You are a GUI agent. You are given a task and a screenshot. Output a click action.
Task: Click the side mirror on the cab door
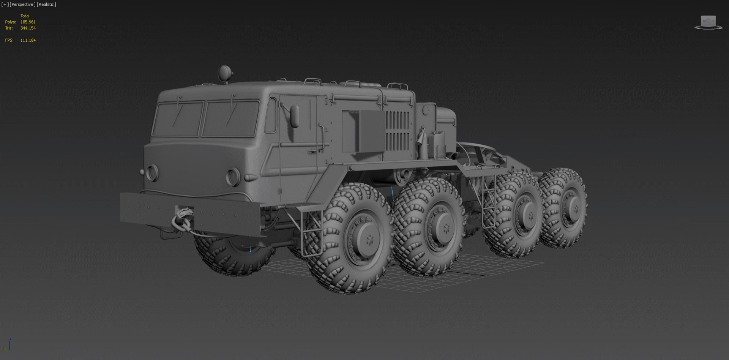[294, 116]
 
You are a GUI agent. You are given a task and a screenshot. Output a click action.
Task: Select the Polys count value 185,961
[28, 22]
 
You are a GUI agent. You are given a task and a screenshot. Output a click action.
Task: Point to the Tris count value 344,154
[28, 28]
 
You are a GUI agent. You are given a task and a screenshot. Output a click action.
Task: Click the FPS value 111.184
[28, 40]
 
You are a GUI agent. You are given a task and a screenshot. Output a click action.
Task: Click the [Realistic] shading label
[46, 5]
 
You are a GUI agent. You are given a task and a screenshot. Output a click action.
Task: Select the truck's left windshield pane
[178, 119]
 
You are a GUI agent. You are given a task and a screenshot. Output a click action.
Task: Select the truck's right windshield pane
[230, 119]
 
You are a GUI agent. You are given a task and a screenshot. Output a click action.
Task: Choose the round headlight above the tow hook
[152, 172]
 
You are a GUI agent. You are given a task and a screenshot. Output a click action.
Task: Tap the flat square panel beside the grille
[362, 131]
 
